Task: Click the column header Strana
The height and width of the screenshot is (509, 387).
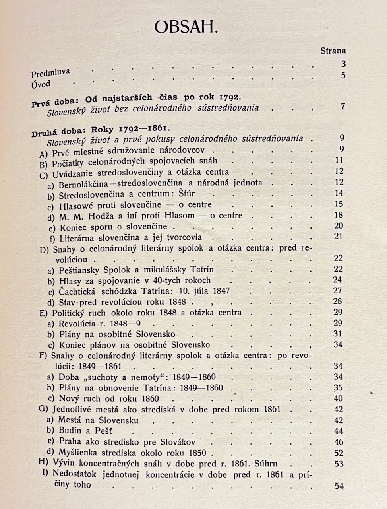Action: (333, 51)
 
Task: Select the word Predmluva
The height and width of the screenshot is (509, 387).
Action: (50, 73)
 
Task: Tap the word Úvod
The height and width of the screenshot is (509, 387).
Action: (41, 84)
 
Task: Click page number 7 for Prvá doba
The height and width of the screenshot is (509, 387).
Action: (342, 106)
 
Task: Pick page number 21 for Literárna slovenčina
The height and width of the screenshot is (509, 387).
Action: (338, 237)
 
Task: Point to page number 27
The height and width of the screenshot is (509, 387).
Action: (338, 290)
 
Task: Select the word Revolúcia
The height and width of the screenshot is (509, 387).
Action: (77, 323)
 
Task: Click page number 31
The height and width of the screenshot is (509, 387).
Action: (338, 334)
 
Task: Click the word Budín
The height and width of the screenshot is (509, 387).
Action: (70, 431)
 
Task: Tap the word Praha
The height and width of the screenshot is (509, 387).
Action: (71, 441)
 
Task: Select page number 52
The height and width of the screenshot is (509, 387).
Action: (339, 453)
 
